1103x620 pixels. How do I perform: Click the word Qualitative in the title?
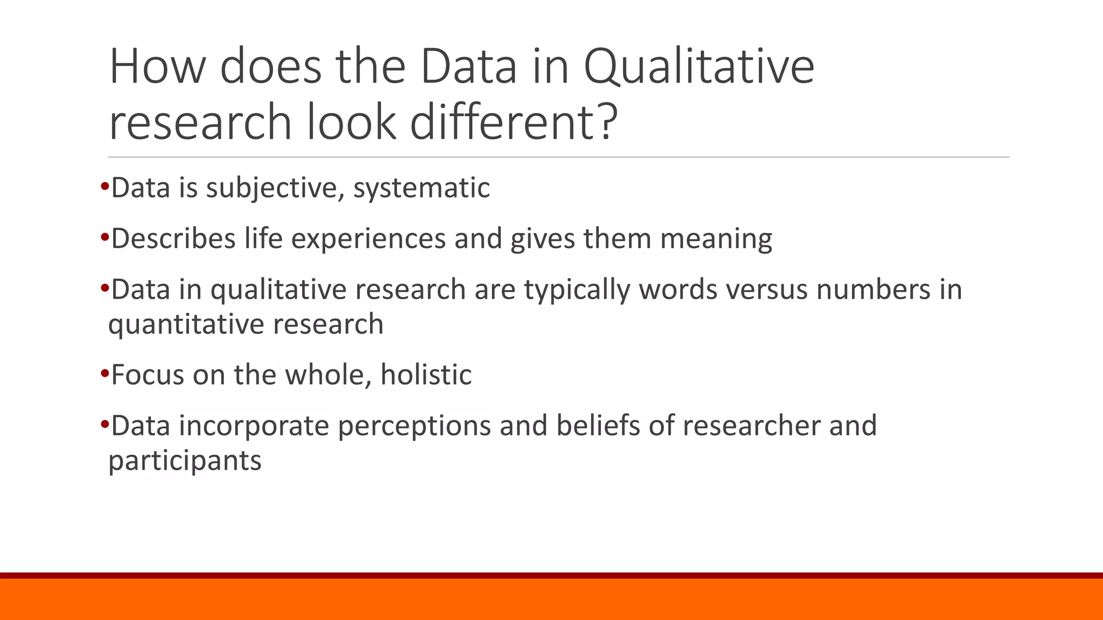tap(699, 67)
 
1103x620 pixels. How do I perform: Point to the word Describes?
tap(173, 238)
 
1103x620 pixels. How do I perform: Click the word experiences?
tap(368, 238)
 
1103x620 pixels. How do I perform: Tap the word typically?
tap(577, 290)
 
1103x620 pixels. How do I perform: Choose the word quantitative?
tap(186, 325)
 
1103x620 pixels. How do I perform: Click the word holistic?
tap(426, 375)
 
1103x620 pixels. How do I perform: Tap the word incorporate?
tap(254, 426)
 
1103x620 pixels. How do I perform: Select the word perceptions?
tap(414, 426)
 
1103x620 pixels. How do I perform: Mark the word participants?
tap(185, 461)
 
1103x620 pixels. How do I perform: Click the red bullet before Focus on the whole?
tap(104, 372)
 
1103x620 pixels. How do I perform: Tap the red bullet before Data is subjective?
tap(104, 186)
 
